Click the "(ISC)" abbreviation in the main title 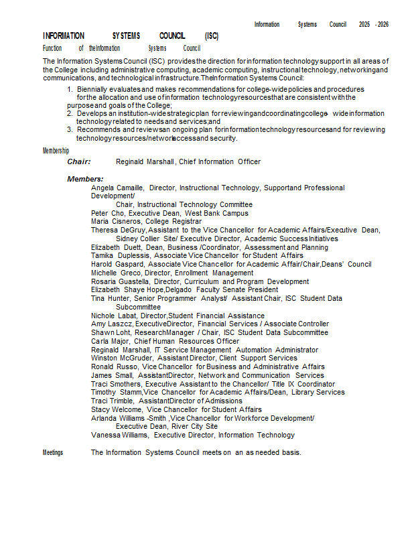(212, 36)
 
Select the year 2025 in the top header (364, 24)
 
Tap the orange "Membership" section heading (56, 151)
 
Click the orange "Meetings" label (53, 452)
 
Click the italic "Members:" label (85, 179)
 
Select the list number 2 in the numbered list (70, 114)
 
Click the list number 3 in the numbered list (70, 130)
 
